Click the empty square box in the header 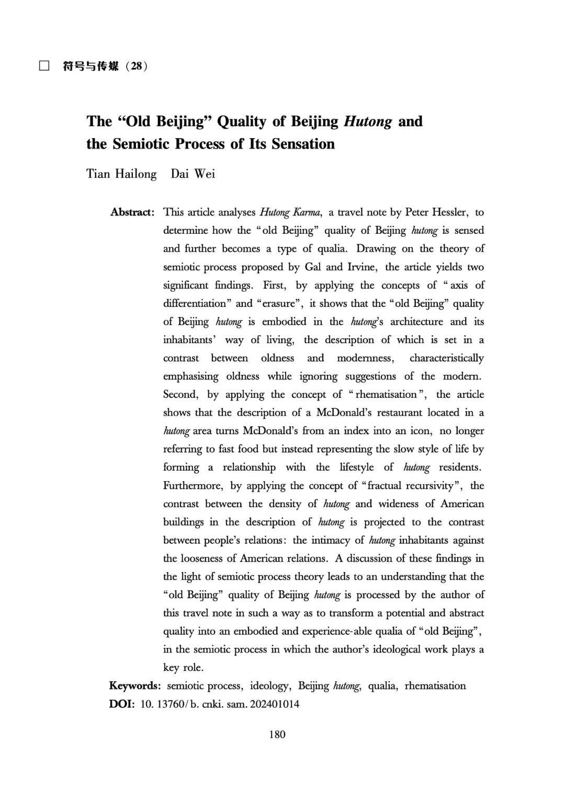coord(44,66)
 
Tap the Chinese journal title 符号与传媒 coord(91,66)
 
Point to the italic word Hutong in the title coord(368,121)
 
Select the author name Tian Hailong coord(121,174)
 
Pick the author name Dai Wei coord(193,174)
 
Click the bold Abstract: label coord(132,212)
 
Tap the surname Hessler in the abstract coord(448,212)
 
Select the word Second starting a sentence coord(180,395)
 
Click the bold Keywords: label coord(135,686)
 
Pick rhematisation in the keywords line coord(435,686)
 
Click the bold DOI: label coord(122,704)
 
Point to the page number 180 coord(277,735)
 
